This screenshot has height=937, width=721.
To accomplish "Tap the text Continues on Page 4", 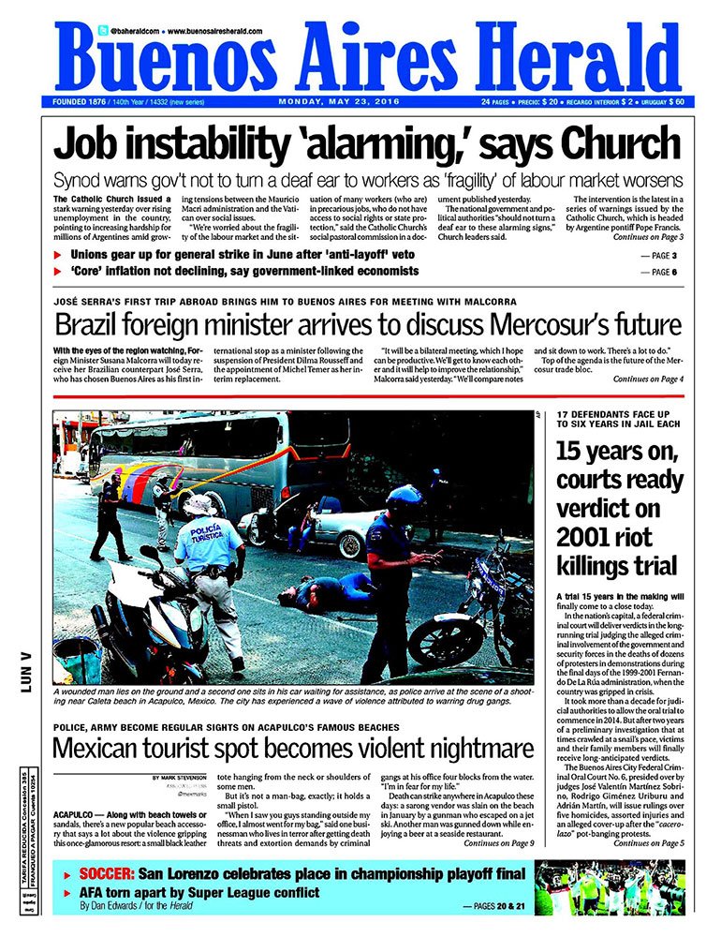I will click(648, 379).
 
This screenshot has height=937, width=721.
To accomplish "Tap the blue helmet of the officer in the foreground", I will click(404, 496).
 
